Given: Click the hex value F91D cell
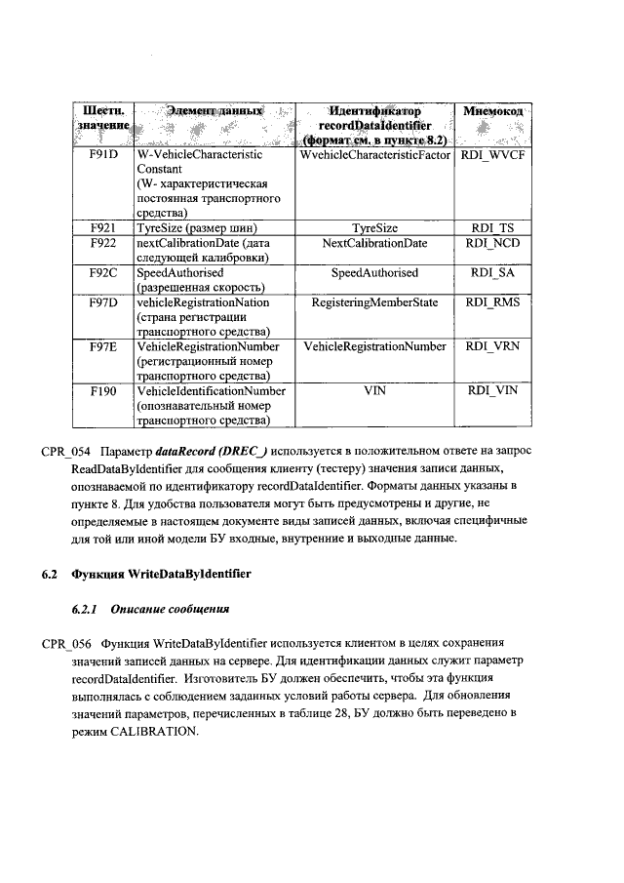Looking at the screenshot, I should (102, 155).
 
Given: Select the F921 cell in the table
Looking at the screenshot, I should (102, 226).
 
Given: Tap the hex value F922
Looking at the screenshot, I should (102, 242).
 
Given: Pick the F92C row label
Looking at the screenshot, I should (102, 272).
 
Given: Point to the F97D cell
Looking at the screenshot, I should (102, 302).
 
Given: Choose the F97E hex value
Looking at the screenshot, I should (102, 346).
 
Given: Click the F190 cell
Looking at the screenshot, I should (102, 391).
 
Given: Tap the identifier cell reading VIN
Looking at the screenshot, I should (374, 391).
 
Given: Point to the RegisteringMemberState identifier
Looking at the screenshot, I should (374, 302).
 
